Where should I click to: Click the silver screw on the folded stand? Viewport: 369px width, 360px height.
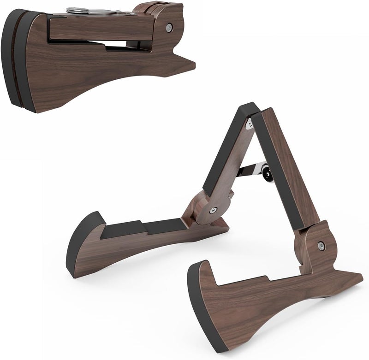[170, 27]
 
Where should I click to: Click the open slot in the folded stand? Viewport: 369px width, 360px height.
[115, 44]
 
